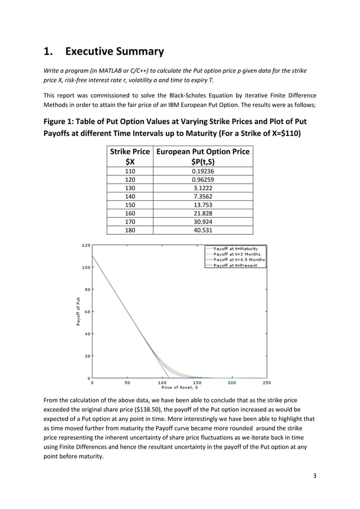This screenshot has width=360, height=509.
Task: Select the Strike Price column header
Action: coord(129,156)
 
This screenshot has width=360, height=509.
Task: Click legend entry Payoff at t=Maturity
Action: coord(236,249)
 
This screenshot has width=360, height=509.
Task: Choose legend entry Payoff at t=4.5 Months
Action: coord(239,260)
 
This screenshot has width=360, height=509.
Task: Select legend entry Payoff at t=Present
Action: coord(235,265)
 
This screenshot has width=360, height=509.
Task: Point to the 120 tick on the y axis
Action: coord(86,245)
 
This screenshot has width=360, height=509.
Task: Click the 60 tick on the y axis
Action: coord(87,311)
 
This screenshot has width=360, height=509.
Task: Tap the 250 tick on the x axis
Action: coord(266,383)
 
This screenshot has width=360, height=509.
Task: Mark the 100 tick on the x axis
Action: coord(161,383)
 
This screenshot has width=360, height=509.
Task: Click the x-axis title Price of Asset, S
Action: coord(179,388)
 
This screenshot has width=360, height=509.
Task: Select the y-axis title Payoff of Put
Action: coord(78,311)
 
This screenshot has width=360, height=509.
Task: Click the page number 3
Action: coord(315,475)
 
